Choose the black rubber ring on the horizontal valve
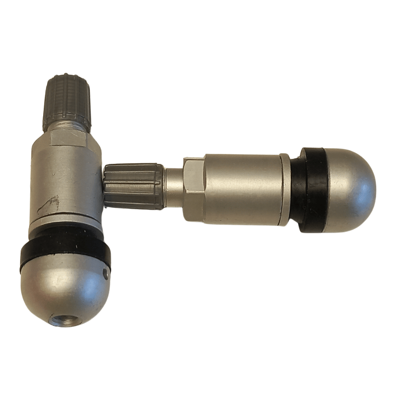tap(311, 190)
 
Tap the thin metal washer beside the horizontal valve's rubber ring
tap(286, 189)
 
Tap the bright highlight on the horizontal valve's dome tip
tap(359, 168)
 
